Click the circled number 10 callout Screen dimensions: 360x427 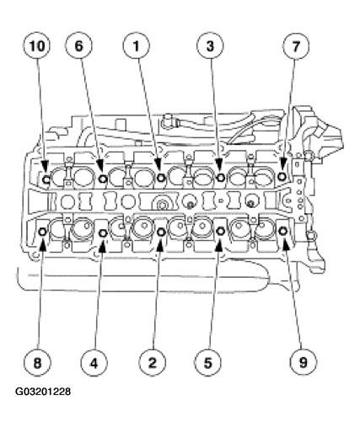click(36, 46)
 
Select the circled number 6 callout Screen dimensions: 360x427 click(78, 46)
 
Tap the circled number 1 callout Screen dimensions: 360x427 click(136, 46)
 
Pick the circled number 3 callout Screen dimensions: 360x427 click(210, 46)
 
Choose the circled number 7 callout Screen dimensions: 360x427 click(296, 46)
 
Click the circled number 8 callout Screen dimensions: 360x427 click(37, 362)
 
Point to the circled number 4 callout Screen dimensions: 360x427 click(94, 362)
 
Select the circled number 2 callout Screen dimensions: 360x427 click(152, 362)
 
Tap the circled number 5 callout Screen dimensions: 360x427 click(208, 362)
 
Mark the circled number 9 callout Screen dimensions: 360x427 click(303, 362)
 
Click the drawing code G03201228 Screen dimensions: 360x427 click(43, 392)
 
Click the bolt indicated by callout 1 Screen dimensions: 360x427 click(161, 178)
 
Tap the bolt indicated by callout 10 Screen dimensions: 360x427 click(46, 179)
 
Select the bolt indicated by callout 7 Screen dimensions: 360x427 click(282, 176)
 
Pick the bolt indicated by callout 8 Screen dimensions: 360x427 click(43, 232)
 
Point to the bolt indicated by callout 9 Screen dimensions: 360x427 click(282, 231)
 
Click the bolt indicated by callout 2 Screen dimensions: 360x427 click(161, 232)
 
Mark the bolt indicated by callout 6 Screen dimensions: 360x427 click(103, 178)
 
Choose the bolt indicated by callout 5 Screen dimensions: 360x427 click(220, 231)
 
